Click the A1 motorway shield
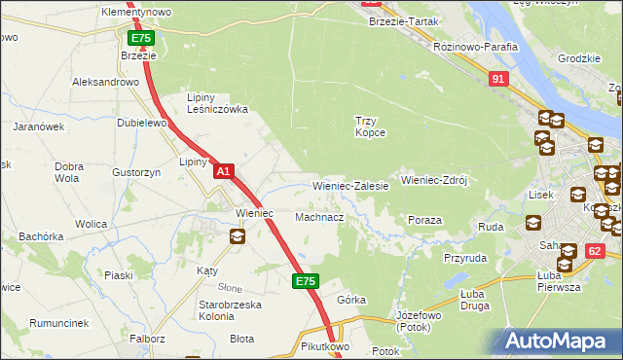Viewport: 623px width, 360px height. tap(224, 171)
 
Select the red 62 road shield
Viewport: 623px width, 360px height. tap(593, 251)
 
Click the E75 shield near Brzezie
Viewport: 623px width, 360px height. tap(141, 38)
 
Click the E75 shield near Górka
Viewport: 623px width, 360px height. tap(305, 281)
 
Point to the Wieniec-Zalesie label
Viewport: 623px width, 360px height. tap(350, 185)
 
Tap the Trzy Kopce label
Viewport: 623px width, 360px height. tap(369, 126)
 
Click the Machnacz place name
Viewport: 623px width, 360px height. tap(319, 217)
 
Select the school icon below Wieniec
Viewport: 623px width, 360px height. tap(238, 235)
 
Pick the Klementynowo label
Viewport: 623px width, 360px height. tap(136, 12)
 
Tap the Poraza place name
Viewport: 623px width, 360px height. tap(425, 221)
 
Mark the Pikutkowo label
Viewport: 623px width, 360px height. tap(325, 346)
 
